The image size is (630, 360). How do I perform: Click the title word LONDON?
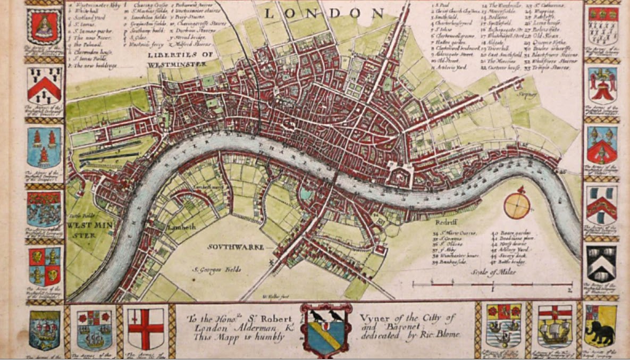324,13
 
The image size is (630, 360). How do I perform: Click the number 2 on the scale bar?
569,290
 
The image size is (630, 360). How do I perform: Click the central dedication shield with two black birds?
326,330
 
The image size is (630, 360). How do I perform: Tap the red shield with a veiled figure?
45,26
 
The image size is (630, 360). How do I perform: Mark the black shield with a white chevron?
601,263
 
